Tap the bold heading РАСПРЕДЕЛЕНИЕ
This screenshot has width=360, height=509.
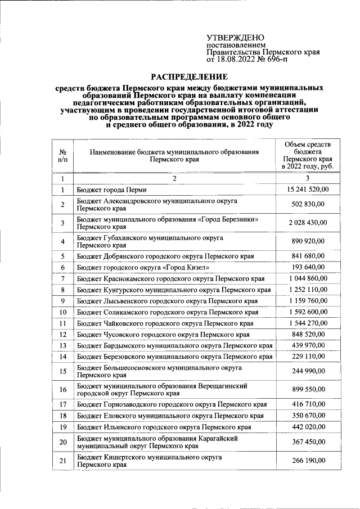pyautogui.click(x=189, y=76)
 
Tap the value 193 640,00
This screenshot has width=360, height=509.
pyautogui.click(x=309, y=267)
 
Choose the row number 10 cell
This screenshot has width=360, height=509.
pyautogui.click(x=63, y=312)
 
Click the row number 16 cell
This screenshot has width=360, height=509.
pyautogui.click(x=63, y=390)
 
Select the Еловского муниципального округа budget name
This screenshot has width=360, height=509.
pyautogui.click(x=170, y=416)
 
